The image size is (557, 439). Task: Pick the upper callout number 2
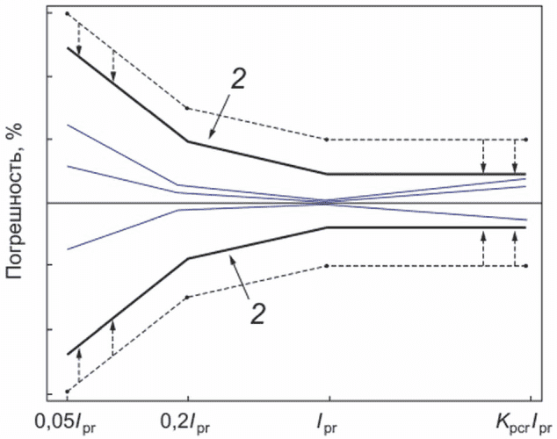[x=238, y=78]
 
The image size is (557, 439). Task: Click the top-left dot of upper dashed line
[x=67, y=13]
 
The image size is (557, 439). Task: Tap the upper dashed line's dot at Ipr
[x=327, y=140]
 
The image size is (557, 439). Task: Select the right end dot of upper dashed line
[x=526, y=140]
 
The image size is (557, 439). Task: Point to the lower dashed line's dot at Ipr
[x=327, y=266]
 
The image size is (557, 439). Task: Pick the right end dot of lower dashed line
[x=526, y=266]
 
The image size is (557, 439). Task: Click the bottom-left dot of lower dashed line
[x=67, y=392]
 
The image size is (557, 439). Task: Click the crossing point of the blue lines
[x=328, y=203]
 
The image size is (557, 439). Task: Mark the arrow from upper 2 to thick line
[x=220, y=116]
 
